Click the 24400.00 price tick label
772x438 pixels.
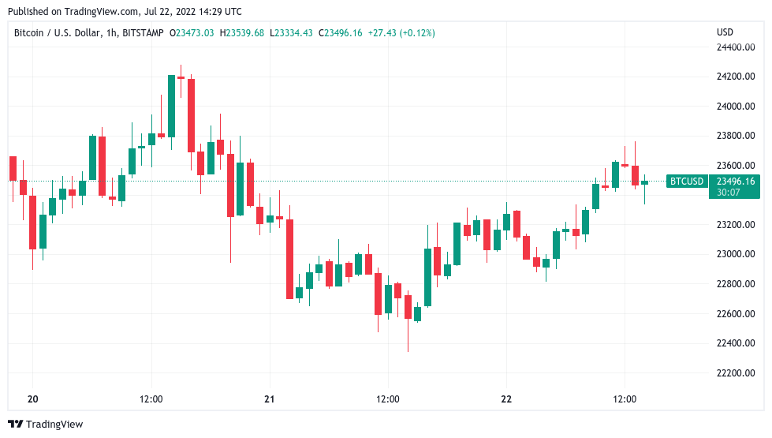click(735, 47)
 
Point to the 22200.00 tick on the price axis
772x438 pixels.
click(735, 373)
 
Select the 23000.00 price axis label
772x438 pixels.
click(735, 254)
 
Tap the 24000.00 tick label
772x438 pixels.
click(735, 107)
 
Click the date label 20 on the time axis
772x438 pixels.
click(32, 399)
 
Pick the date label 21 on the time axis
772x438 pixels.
click(269, 399)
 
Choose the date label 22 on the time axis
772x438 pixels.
click(506, 399)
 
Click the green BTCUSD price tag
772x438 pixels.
click(686, 182)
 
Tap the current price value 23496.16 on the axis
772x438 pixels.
click(735, 182)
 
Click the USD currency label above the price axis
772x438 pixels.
click(725, 32)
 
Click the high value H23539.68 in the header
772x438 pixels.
click(243, 33)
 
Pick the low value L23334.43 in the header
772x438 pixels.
click(291, 33)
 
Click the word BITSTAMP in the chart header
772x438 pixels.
click(143, 33)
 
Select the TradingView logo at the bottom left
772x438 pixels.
click(45, 425)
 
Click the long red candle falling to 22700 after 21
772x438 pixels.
click(289, 259)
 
